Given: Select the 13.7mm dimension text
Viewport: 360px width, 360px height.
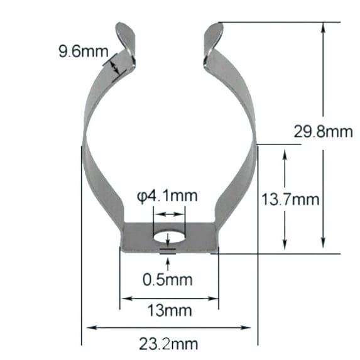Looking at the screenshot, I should click(x=291, y=200).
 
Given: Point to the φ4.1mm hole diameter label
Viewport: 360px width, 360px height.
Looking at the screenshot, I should click(x=167, y=195).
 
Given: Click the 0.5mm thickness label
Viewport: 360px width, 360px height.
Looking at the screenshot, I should click(x=167, y=279).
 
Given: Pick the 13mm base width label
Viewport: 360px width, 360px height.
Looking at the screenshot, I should click(x=169, y=310).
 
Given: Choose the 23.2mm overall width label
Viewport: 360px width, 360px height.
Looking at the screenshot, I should click(x=169, y=343).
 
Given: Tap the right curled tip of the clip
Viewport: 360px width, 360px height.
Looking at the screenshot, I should click(x=212, y=35).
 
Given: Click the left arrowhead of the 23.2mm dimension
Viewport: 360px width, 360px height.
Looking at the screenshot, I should click(x=90, y=327).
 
